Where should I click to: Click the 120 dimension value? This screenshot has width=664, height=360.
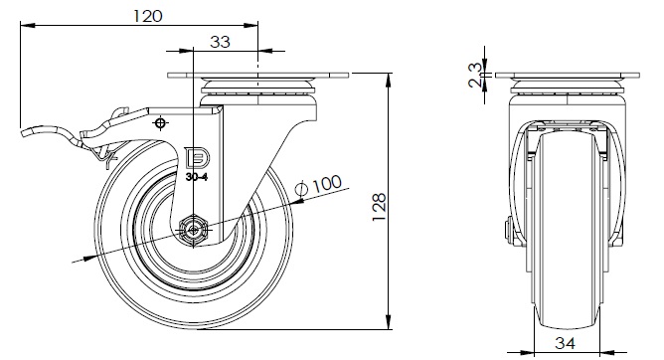tap(148, 16)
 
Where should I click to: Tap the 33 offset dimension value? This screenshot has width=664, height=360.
tap(221, 42)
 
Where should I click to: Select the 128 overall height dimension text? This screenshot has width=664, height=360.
tap(380, 207)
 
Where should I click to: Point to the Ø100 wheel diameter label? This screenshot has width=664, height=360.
tap(319, 185)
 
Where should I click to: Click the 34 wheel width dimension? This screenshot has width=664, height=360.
tap(565, 343)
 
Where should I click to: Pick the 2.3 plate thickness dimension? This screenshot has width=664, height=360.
tap(475, 75)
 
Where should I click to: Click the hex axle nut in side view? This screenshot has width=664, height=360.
tap(194, 231)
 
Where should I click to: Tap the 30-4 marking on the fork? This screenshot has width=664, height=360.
tap(197, 177)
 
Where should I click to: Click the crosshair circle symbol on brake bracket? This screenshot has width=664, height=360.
tap(160, 123)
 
